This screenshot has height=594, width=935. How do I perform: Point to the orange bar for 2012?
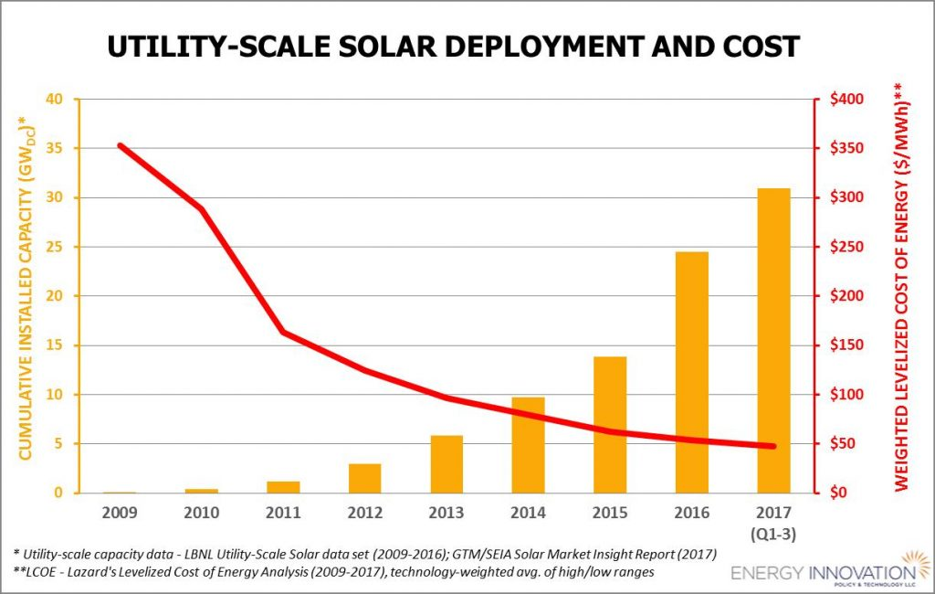[365, 478]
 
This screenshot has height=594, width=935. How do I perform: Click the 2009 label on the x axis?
[121, 512]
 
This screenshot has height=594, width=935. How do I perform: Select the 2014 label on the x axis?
[529, 512]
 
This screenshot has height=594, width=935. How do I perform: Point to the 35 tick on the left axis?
[61, 148]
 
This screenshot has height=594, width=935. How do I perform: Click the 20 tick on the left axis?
[61, 296]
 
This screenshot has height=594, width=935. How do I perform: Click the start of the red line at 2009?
[121, 145]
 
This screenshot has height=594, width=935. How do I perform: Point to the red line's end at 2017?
[772, 446]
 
